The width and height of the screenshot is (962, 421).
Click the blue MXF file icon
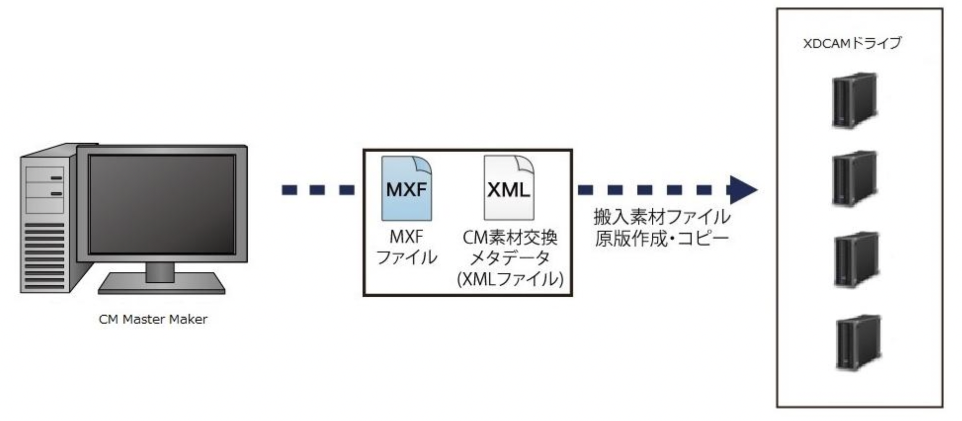point(406,189)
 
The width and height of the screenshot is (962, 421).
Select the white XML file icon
point(509,189)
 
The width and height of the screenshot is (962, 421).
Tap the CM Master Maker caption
point(153,319)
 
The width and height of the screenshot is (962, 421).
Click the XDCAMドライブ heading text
point(852,44)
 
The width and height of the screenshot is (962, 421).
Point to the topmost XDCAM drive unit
point(854,101)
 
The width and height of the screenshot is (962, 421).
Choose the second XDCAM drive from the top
point(854,178)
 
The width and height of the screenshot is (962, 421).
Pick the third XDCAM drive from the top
point(856,259)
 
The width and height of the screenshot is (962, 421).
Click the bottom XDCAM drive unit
point(858,342)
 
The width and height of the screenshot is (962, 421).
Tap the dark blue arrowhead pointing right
point(743,189)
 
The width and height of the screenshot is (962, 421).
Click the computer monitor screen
point(162,204)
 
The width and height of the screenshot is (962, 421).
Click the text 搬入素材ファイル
point(662,217)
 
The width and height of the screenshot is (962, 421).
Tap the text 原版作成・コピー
point(662,239)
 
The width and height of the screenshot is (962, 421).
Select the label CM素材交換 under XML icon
point(510,238)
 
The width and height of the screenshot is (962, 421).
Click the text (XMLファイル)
point(510,279)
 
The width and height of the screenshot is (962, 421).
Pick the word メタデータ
point(509,258)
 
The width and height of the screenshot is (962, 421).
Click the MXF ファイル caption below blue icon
point(406,247)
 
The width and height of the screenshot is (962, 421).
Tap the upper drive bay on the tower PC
point(45,177)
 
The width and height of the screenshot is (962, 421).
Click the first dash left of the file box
point(289,190)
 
